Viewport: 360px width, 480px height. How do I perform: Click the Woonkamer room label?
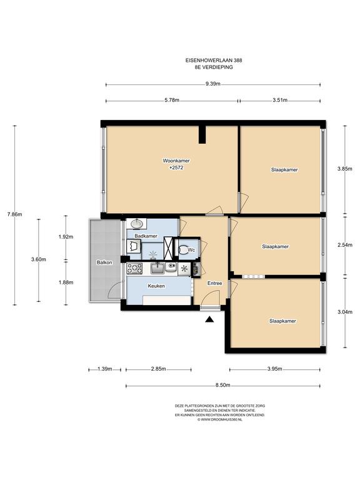(176, 161)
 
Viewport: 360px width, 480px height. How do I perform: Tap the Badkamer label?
(146, 236)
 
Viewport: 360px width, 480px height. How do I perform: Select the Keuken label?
(156, 286)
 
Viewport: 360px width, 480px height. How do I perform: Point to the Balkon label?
(104, 262)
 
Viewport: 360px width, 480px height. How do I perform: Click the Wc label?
(191, 250)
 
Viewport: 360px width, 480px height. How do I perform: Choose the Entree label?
(214, 283)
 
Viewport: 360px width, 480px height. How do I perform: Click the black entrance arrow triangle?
(209, 319)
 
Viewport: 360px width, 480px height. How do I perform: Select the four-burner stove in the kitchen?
(135, 269)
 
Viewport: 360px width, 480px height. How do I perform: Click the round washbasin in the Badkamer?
(137, 224)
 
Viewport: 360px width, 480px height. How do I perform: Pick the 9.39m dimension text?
(212, 84)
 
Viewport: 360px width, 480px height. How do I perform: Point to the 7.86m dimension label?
(15, 214)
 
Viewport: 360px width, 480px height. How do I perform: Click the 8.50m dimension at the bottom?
(222, 385)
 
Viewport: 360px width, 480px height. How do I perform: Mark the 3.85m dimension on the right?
(345, 169)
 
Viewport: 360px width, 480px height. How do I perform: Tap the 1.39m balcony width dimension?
(105, 369)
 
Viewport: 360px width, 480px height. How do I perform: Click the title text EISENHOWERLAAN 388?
(214, 61)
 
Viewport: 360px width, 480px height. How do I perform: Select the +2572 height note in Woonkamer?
(176, 167)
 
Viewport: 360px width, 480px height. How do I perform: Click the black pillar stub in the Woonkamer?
(202, 134)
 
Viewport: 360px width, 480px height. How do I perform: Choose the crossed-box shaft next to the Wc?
(168, 247)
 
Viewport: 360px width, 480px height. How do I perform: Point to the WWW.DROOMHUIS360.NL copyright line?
(220, 419)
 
